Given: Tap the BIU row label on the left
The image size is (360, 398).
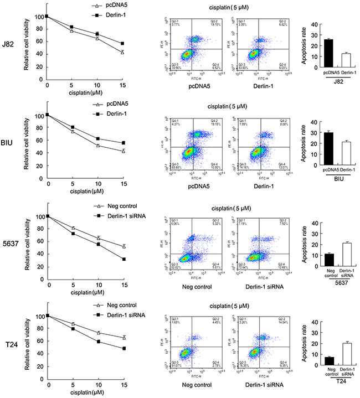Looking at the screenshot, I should [x=10, y=146].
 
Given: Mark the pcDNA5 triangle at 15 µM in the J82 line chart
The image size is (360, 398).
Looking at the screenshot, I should [x=122, y=52].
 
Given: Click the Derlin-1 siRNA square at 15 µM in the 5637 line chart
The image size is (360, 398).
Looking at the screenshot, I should [x=122, y=259].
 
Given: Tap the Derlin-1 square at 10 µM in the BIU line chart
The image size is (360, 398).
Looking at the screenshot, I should [x=98, y=139].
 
